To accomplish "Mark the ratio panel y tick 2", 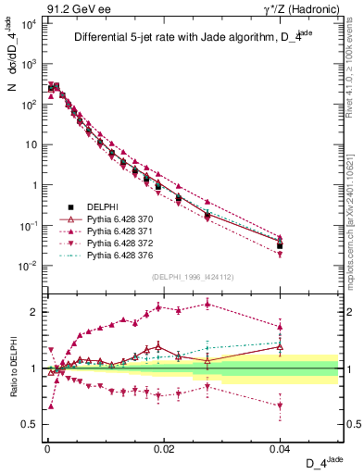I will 33,312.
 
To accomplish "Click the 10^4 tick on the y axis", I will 28,24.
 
